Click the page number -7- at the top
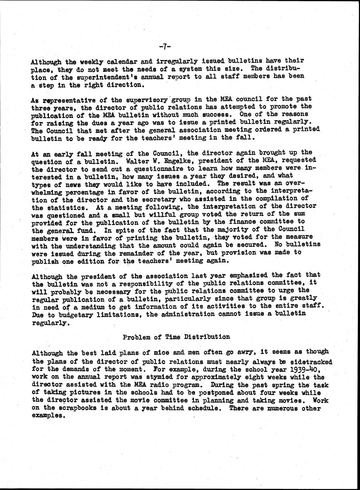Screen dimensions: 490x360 pos(165,46)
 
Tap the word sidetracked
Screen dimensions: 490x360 pos(310,362)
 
